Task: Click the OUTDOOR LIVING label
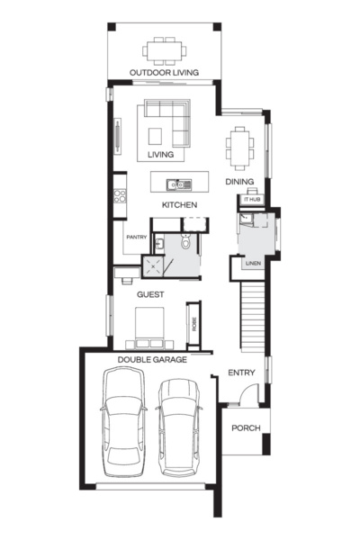pos(164,72)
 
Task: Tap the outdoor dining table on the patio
pos(164,49)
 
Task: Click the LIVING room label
pos(160,155)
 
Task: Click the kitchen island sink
pos(181,185)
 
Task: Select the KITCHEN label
pos(179,205)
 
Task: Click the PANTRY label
pos(137,237)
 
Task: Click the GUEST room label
pos(149,294)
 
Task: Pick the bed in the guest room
pos(148,326)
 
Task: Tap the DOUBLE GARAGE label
pos(152,358)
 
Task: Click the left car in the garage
pos(123,424)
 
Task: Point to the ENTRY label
pos(241,373)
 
